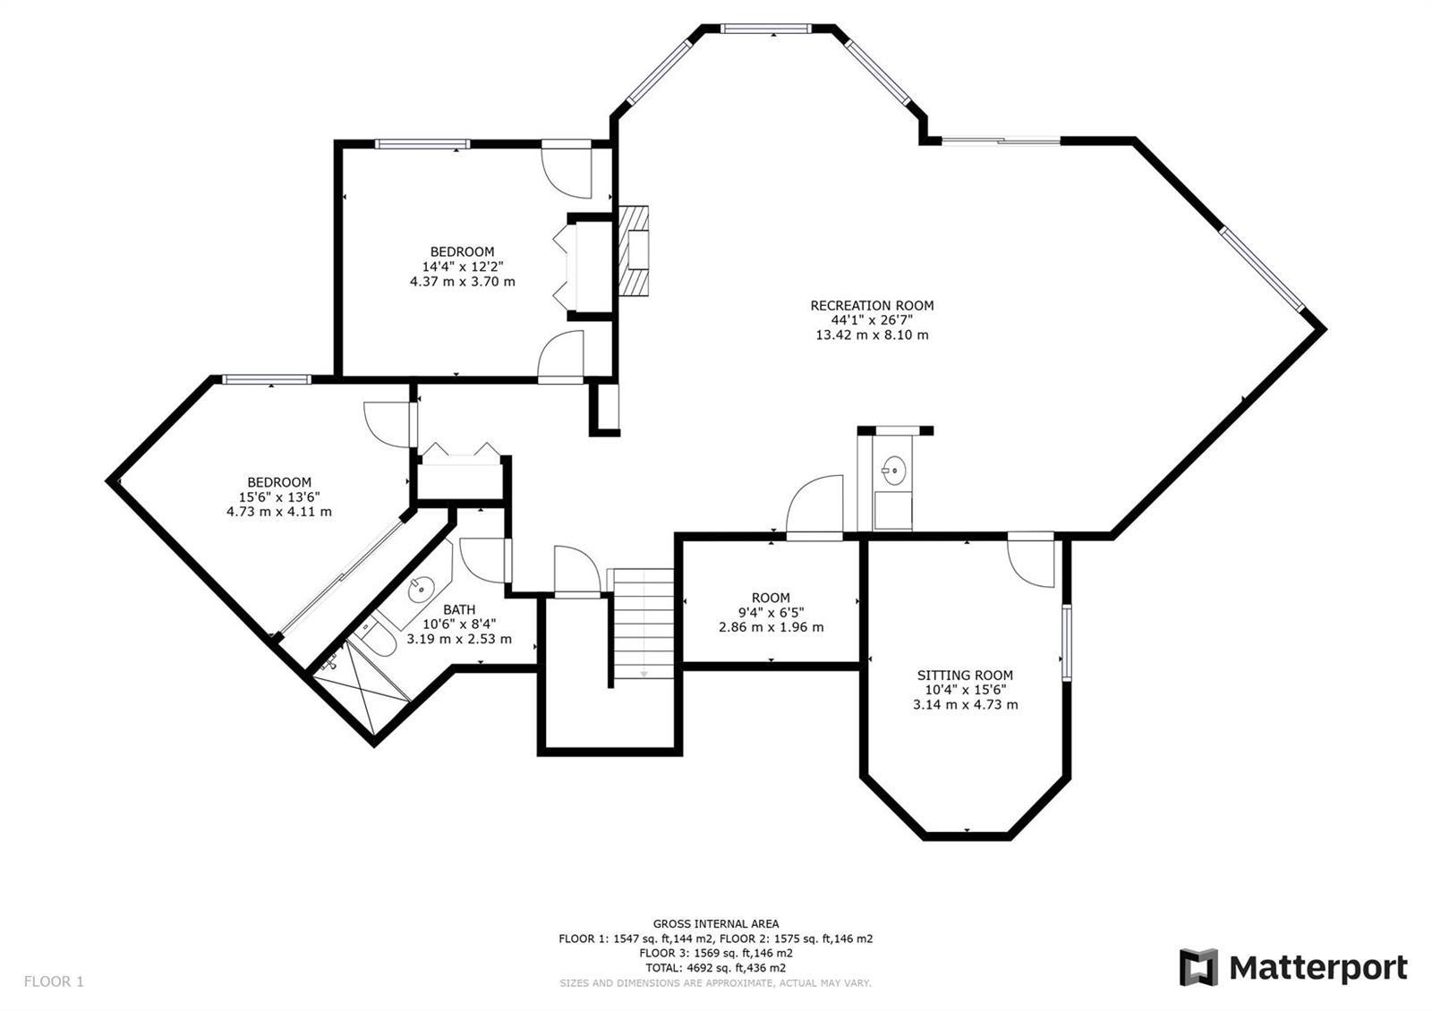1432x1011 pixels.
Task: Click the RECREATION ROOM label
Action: (872, 305)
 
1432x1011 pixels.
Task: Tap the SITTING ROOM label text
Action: (965, 675)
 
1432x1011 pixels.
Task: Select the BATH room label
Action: (459, 609)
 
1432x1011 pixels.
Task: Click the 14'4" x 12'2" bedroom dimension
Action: (462, 267)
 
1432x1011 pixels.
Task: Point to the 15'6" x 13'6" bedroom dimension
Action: (279, 497)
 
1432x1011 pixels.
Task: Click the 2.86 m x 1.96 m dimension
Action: (771, 627)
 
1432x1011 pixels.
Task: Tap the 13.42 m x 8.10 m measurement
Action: (872, 335)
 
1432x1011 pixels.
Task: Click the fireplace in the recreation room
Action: (633, 251)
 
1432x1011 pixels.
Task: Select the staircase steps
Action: (644, 623)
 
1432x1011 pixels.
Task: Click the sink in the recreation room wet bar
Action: (894, 471)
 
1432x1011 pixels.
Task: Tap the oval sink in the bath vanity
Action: (422, 588)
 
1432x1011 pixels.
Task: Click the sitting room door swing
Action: (1030, 564)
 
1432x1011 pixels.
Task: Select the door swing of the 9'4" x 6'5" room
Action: (814, 504)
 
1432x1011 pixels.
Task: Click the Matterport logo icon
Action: (1198, 967)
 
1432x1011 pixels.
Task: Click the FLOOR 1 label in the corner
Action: (54, 981)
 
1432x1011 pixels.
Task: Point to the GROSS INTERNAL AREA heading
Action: (716, 923)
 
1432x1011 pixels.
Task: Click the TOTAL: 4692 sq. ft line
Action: (715, 967)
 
